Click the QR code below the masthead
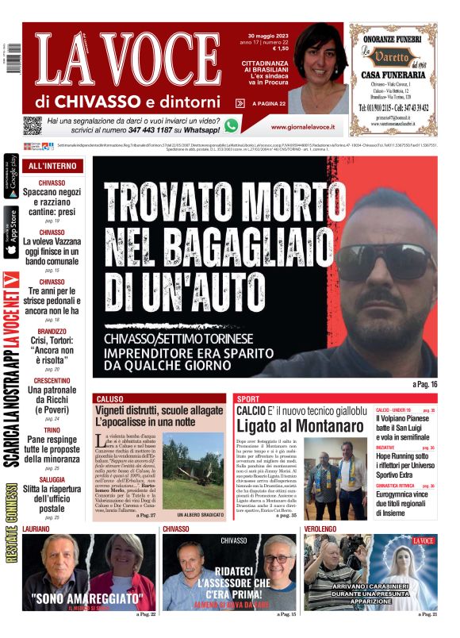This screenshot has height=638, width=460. pos(32,125)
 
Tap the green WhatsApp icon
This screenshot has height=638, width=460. pos(232,125)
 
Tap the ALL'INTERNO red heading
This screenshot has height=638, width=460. pos(52,167)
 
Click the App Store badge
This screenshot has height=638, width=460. pos(11,232)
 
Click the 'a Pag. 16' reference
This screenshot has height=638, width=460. pos(425,384)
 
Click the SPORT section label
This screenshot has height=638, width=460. pos(248,398)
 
